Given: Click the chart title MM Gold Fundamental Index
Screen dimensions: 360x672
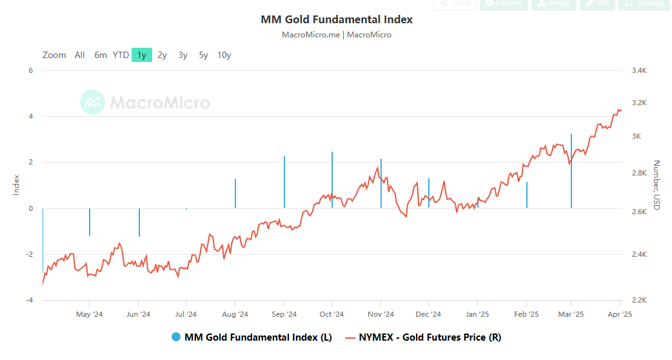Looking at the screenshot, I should [337, 19].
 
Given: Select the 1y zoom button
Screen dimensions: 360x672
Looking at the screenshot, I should [141, 55].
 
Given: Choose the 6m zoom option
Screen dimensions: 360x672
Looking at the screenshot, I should [100, 55].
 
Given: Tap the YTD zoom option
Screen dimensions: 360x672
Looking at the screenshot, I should [121, 55].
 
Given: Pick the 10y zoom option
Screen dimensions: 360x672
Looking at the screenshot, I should [224, 55].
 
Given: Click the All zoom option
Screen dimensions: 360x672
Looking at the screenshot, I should [79, 55].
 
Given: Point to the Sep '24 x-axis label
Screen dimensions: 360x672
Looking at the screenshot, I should [284, 314].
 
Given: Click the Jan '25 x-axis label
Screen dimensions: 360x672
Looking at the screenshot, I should [477, 314].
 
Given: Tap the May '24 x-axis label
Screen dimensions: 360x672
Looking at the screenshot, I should [89, 314].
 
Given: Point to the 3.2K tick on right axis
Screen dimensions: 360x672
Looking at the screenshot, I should [638, 103].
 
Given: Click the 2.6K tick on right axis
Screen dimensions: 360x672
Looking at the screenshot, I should [638, 212].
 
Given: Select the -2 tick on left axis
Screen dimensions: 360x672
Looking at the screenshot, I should [29, 254].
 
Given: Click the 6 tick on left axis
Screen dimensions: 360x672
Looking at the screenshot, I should [30, 70].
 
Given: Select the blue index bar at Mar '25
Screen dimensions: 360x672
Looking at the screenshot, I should [571, 171].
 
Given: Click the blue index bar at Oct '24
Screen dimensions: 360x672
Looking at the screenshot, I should [332, 180].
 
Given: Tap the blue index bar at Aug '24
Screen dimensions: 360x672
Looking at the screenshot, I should [235, 194].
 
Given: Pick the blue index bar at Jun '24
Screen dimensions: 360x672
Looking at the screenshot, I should [139, 222].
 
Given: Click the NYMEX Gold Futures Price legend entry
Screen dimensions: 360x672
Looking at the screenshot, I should [423, 337].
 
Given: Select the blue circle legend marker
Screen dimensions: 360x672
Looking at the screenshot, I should [176, 337].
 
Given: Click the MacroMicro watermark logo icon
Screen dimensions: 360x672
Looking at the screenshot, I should [92, 103].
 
